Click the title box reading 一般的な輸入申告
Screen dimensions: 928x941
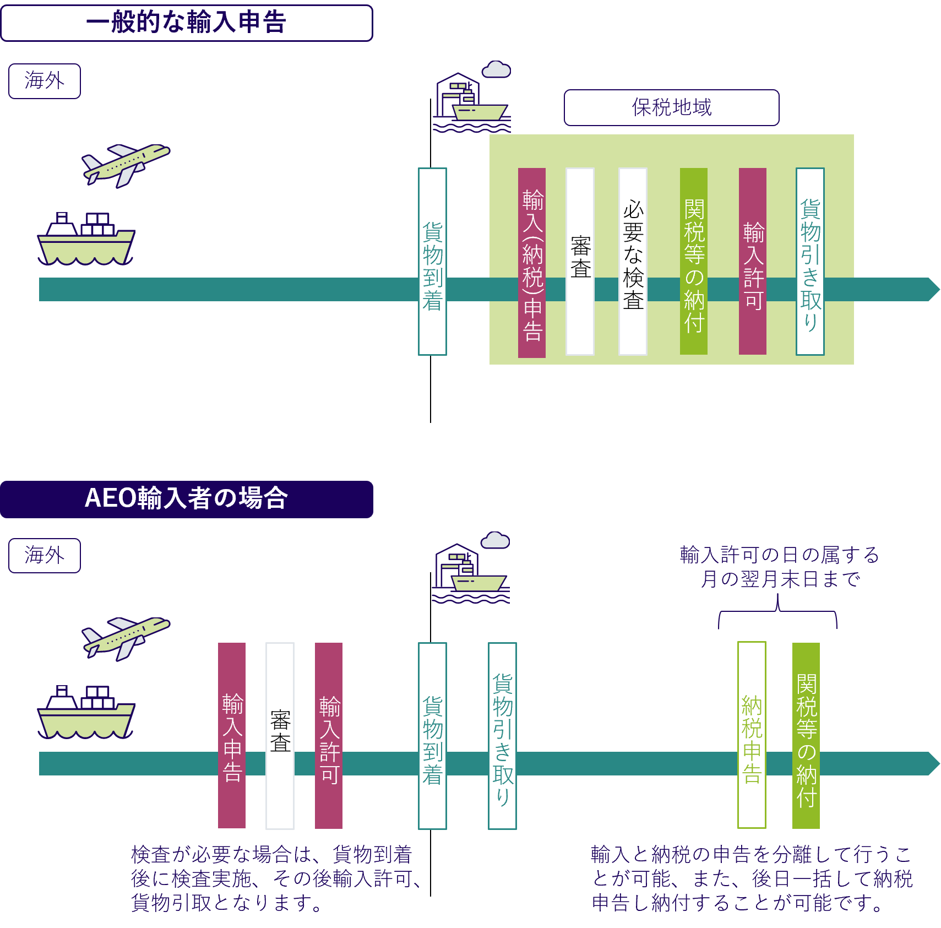(187, 23)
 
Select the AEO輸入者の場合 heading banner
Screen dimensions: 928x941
(187, 499)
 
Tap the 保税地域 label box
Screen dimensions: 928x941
(671, 107)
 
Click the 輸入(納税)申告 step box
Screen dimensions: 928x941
(532, 263)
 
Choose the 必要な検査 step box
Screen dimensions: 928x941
(633, 262)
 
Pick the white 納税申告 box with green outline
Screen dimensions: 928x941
(752, 735)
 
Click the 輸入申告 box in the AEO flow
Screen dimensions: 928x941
(232, 735)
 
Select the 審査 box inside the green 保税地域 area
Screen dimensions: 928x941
(580, 262)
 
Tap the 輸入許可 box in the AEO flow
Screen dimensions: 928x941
(329, 735)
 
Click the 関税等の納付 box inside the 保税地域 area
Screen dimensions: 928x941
(694, 262)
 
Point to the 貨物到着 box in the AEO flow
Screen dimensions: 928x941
(432, 735)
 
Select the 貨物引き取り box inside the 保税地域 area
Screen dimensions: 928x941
(810, 262)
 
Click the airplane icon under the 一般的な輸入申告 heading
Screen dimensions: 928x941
(126, 164)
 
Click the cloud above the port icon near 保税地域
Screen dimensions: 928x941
(496, 70)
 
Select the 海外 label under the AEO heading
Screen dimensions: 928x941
(45, 556)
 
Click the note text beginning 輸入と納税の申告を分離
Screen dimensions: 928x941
(752, 878)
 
